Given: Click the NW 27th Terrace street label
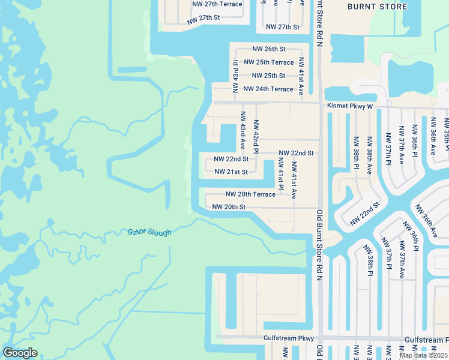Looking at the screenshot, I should click(x=217, y=4).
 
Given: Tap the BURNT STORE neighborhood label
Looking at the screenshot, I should click(x=377, y=7).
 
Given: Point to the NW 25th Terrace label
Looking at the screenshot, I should click(x=268, y=62).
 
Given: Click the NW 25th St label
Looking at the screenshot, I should click(x=268, y=76).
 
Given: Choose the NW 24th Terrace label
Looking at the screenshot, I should click(x=268, y=89).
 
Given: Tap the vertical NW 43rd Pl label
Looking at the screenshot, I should click(x=236, y=71).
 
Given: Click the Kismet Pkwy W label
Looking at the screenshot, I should click(x=350, y=106).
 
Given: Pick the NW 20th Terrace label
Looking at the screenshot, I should click(x=250, y=194).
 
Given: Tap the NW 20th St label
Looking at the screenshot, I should click(x=229, y=207).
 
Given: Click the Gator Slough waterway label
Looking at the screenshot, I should click(x=149, y=232).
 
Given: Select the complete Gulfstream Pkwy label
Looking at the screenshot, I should click(x=289, y=338).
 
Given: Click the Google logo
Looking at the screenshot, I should click(x=20, y=353).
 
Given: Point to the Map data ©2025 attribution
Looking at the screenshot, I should click(x=423, y=355).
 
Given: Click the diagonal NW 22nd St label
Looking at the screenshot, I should click(x=366, y=214).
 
